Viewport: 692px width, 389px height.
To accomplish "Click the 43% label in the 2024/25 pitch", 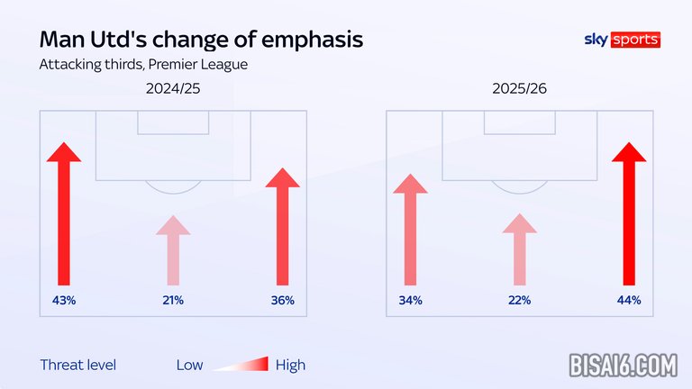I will click(64, 300).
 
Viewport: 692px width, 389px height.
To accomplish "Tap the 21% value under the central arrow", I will click(173, 300).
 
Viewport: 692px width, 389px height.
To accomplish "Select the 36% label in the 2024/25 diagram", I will click(282, 300).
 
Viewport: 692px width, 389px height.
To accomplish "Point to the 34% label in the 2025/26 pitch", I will click(410, 300).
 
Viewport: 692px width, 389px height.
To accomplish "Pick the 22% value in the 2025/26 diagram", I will click(519, 300).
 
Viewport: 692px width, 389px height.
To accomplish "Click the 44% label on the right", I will click(628, 300).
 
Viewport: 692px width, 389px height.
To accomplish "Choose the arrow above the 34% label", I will click(410, 230).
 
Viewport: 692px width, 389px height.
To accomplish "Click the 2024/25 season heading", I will click(173, 90).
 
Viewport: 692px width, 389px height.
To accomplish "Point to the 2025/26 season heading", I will click(519, 90).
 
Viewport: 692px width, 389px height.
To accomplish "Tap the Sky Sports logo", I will click(622, 40).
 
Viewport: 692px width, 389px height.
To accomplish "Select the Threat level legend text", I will click(78, 365).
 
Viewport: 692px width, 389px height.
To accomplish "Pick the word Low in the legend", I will click(189, 365).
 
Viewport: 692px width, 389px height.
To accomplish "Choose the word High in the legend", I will click(290, 365).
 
